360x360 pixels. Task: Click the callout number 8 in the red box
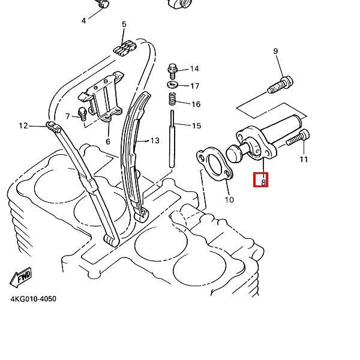click(261, 179)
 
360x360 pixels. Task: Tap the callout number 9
click(276, 51)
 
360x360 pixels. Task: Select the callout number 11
click(304, 160)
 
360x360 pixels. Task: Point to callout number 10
click(229, 200)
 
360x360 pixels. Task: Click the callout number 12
click(23, 126)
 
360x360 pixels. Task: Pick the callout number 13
click(155, 140)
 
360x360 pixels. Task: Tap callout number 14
click(194, 69)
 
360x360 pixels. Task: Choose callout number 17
click(194, 86)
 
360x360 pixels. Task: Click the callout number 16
click(196, 104)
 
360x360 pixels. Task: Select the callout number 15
click(196, 126)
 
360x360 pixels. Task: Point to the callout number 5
click(124, 25)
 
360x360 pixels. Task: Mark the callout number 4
click(83, 21)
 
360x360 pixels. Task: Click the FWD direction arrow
click(21, 277)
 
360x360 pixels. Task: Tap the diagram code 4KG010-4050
click(33, 299)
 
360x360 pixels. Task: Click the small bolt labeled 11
click(298, 139)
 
